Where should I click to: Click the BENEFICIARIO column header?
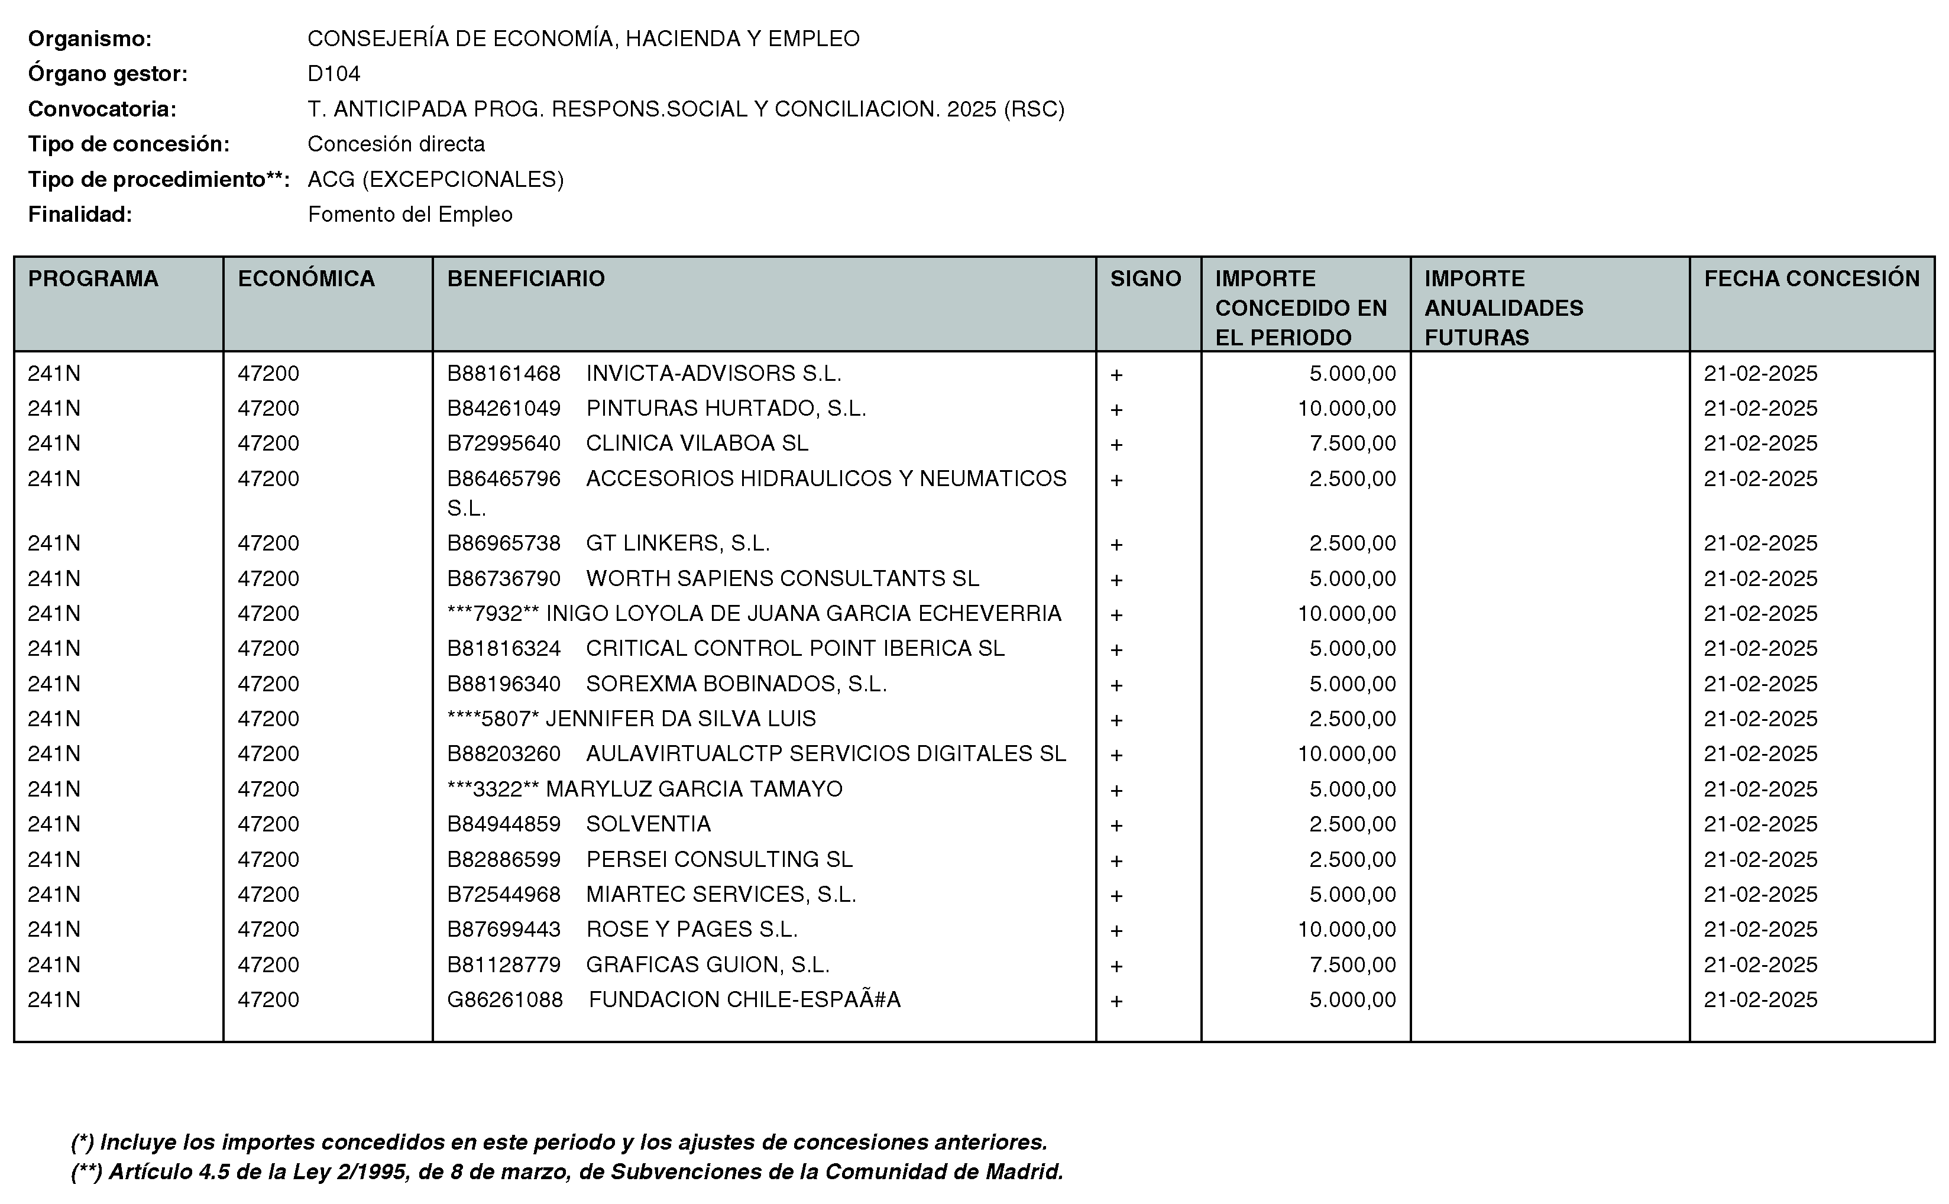526,279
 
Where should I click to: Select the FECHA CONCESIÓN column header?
1811,279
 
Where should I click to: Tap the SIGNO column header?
1145,279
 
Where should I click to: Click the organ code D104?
334,74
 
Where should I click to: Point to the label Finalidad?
80,214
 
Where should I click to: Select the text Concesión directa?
396,144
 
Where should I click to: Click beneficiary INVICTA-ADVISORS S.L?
713,374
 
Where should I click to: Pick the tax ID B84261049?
503,409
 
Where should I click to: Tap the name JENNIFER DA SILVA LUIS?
681,719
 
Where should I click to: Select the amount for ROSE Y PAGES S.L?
1346,929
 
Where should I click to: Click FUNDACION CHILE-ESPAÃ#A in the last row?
744,1000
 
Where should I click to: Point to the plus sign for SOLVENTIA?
1116,825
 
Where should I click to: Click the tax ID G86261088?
505,1000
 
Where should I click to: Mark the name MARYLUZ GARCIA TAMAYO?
694,789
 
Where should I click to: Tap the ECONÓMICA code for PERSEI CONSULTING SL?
268,859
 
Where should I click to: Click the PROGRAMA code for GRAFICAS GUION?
54,965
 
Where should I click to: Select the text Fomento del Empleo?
410,214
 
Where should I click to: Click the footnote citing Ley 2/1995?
567,1172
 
